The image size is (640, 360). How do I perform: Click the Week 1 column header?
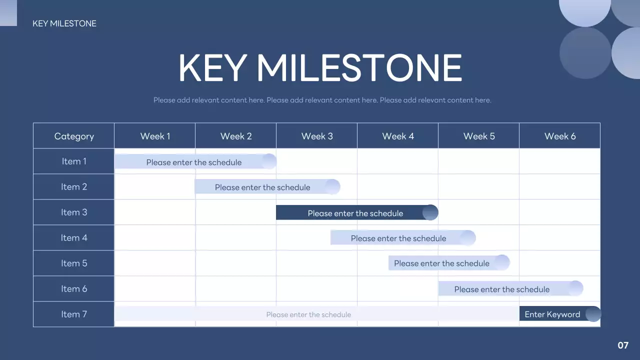(155, 136)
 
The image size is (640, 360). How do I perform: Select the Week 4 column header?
(397, 136)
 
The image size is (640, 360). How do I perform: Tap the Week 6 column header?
(559, 136)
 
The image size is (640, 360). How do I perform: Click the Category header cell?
(73, 136)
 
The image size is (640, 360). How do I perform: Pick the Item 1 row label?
(73, 161)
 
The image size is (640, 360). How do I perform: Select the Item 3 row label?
(73, 212)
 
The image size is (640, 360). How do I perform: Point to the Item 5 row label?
(73, 263)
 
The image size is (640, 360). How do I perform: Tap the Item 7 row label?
(73, 314)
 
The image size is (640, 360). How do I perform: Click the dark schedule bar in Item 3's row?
(357, 212)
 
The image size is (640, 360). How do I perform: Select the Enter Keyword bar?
(560, 314)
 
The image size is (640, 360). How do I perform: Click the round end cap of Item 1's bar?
(269, 161)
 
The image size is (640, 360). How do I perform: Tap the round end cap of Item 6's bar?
(575, 288)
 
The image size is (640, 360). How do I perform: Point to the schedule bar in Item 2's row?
(267, 187)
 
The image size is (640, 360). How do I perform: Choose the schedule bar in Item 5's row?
(449, 263)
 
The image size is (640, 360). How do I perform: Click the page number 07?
(623, 345)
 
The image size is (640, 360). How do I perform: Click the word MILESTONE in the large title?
(359, 68)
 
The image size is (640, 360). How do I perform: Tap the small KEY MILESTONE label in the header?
(64, 23)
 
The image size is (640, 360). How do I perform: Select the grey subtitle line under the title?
(322, 100)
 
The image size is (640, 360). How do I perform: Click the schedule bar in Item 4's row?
(403, 237)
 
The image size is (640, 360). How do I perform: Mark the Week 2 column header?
(235, 136)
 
